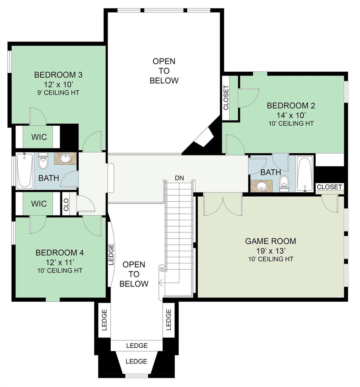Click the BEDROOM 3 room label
click(58, 75)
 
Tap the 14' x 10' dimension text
click(291, 114)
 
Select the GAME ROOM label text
click(270, 241)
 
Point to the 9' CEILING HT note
click(58, 93)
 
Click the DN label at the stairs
click(179, 178)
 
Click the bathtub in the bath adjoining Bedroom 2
click(304, 174)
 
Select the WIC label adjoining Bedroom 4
click(39, 204)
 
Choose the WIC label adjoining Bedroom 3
click(39, 137)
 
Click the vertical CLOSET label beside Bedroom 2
click(226, 98)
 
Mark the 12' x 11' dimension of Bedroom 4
click(59, 262)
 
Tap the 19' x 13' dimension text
click(270, 251)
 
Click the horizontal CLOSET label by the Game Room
click(329, 187)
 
